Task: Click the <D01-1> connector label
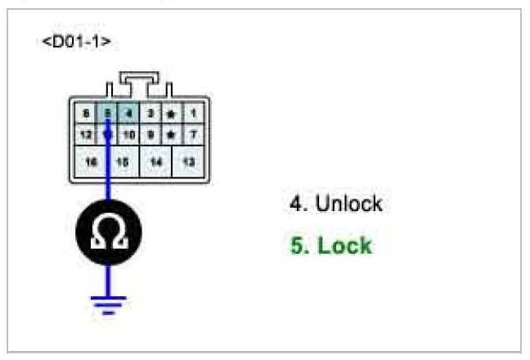point(76,41)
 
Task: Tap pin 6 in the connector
point(87,114)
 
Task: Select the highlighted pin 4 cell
point(128,114)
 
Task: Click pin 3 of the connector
point(150,114)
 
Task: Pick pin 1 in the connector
point(193,114)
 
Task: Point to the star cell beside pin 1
point(171,114)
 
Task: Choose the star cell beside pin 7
point(171,133)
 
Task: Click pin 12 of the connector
point(87,133)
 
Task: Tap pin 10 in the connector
point(128,133)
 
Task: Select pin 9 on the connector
point(150,133)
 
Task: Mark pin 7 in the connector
point(193,133)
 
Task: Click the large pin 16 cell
point(91,162)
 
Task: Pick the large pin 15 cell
point(123,162)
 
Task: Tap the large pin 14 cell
point(156,162)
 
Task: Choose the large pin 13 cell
point(189,162)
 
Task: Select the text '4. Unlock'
point(335,204)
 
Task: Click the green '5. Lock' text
point(330,245)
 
